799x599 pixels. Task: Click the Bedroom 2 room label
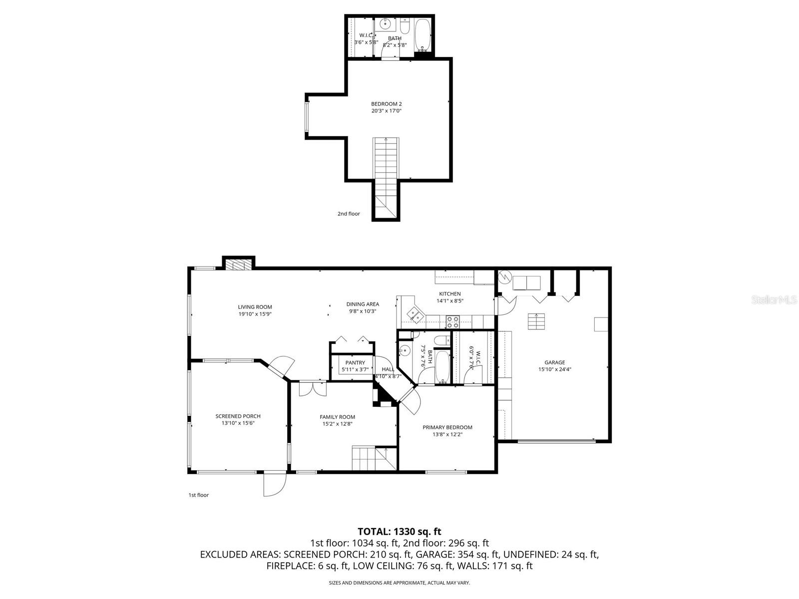[x=386, y=104]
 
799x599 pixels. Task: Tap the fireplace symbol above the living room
[x=238, y=265]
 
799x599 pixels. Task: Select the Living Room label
[x=255, y=307]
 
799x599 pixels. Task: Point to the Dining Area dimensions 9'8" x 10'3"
[x=363, y=311]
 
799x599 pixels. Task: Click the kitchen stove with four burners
[x=452, y=319]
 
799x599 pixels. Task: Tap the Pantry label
[x=355, y=363]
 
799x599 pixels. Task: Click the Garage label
[x=554, y=363]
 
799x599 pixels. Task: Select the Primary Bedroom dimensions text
[x=447, y=434]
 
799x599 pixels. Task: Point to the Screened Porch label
[x=238, y=416]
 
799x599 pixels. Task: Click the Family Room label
[x=337, y=417]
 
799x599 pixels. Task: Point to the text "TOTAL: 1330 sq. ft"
[x=399, y=532]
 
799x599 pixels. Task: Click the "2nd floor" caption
[x=349, y=214]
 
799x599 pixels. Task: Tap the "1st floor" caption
[x=198, y=495]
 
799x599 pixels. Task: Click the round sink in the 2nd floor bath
[x=386, y=24]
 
